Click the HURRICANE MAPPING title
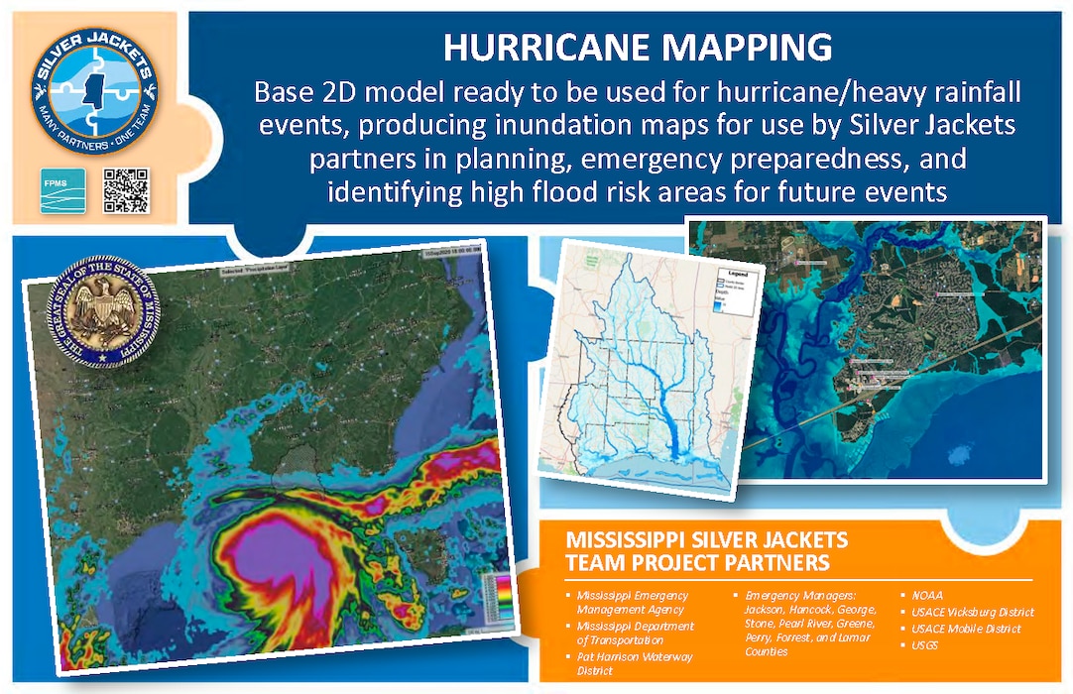635,48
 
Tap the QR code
126,190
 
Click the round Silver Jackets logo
93,86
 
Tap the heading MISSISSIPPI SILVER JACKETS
705,540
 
